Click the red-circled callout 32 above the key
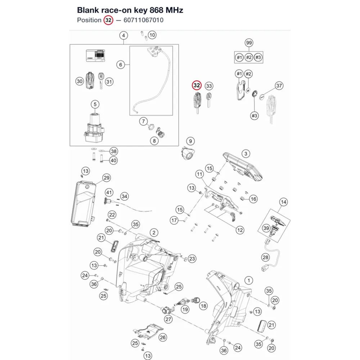click(x=197, y=85)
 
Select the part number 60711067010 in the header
click(x=144, y=20)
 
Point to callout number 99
click(x=249, y=43)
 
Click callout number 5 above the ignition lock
click(x=95, y=104)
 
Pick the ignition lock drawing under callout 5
click(x=94, y=127)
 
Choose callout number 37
click(x=279, y=86)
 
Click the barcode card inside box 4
click(x=95, y=55)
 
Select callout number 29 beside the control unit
click(x=107, y=178)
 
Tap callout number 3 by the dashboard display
click(x=246, y=154)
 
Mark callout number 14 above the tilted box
click(x=283, y=202)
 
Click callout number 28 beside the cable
click(x=266, y=257)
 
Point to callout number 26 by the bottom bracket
click(x=163, y=337)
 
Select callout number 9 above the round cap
click(x=190, y=141)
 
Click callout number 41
click(x=109, y=192)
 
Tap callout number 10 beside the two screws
click(x=152, y=35)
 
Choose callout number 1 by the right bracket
click(x=249, y=280)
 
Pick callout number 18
click(x=203, y=306)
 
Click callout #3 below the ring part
click(x=255, y=116)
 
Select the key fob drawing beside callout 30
click(x=90, y=80)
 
